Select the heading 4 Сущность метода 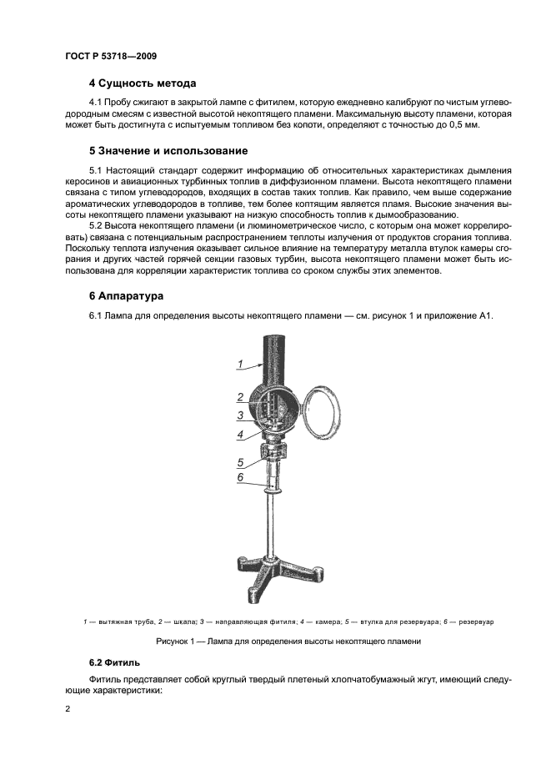pos(143,83)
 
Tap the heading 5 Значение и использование pos(168,151)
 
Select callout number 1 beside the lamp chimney pos(239,364)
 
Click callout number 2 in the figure pos(239,397)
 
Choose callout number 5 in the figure pos(239,461)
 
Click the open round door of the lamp pos(320,410)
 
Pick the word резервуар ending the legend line pos(477,622)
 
